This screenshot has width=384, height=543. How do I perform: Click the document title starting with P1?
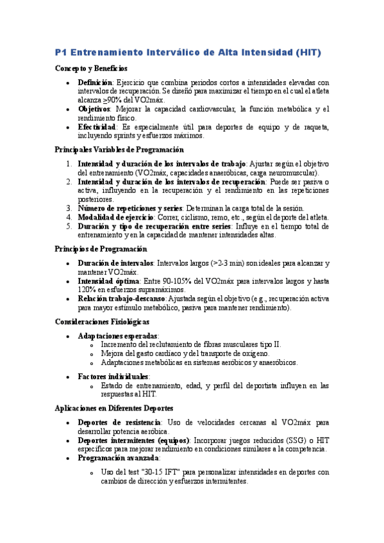tap(188, 52)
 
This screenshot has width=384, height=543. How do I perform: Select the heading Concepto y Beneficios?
tap(91, 68)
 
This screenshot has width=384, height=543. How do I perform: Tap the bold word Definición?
tap(95, 83)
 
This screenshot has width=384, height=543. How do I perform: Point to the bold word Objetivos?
tap(94, 109)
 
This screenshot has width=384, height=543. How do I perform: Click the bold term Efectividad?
tap(97, 127)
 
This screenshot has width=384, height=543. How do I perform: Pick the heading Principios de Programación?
tap(101, 248)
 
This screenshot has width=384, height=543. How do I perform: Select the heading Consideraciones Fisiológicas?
tap(103, 321)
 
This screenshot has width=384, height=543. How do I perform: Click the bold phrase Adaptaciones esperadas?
tap(117, 336)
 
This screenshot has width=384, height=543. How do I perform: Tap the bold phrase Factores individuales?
tap(113, 377)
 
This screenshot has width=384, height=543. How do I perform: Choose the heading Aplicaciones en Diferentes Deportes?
tap(114, 408)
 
